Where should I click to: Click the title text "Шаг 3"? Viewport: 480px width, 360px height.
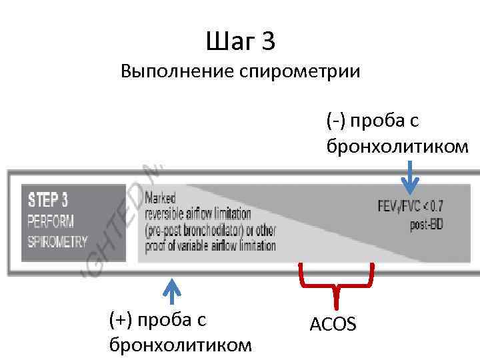(241, 42)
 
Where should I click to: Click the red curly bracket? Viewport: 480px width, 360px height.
(335, 279)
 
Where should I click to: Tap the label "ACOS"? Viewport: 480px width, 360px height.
(333, 324)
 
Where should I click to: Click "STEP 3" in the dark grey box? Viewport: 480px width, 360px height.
(48, 199)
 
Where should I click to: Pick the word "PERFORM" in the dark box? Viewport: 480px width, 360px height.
(51, 220)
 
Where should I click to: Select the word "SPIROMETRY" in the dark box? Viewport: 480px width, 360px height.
(58, 241)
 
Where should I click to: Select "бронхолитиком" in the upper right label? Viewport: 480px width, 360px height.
(397, 145)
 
